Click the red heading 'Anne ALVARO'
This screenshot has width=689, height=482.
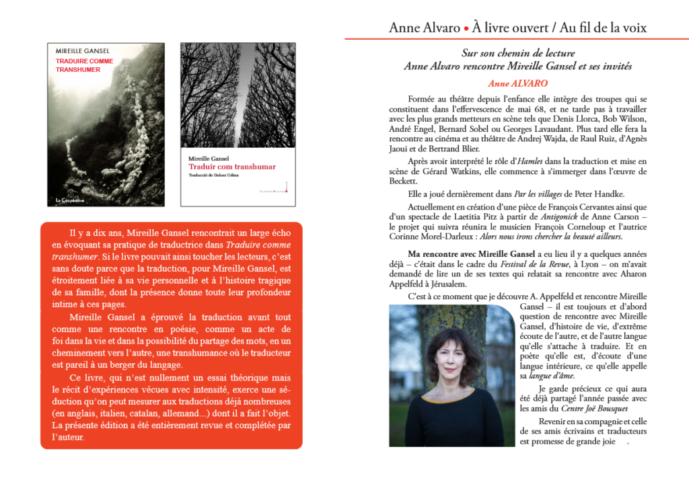click(517, 84)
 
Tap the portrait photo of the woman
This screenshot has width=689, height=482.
click(447, 375)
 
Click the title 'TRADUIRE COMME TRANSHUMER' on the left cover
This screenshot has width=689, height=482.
click(84, 65)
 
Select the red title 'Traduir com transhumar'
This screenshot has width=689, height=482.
click(232, 167)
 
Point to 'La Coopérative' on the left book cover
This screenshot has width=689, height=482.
click(71, 200)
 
